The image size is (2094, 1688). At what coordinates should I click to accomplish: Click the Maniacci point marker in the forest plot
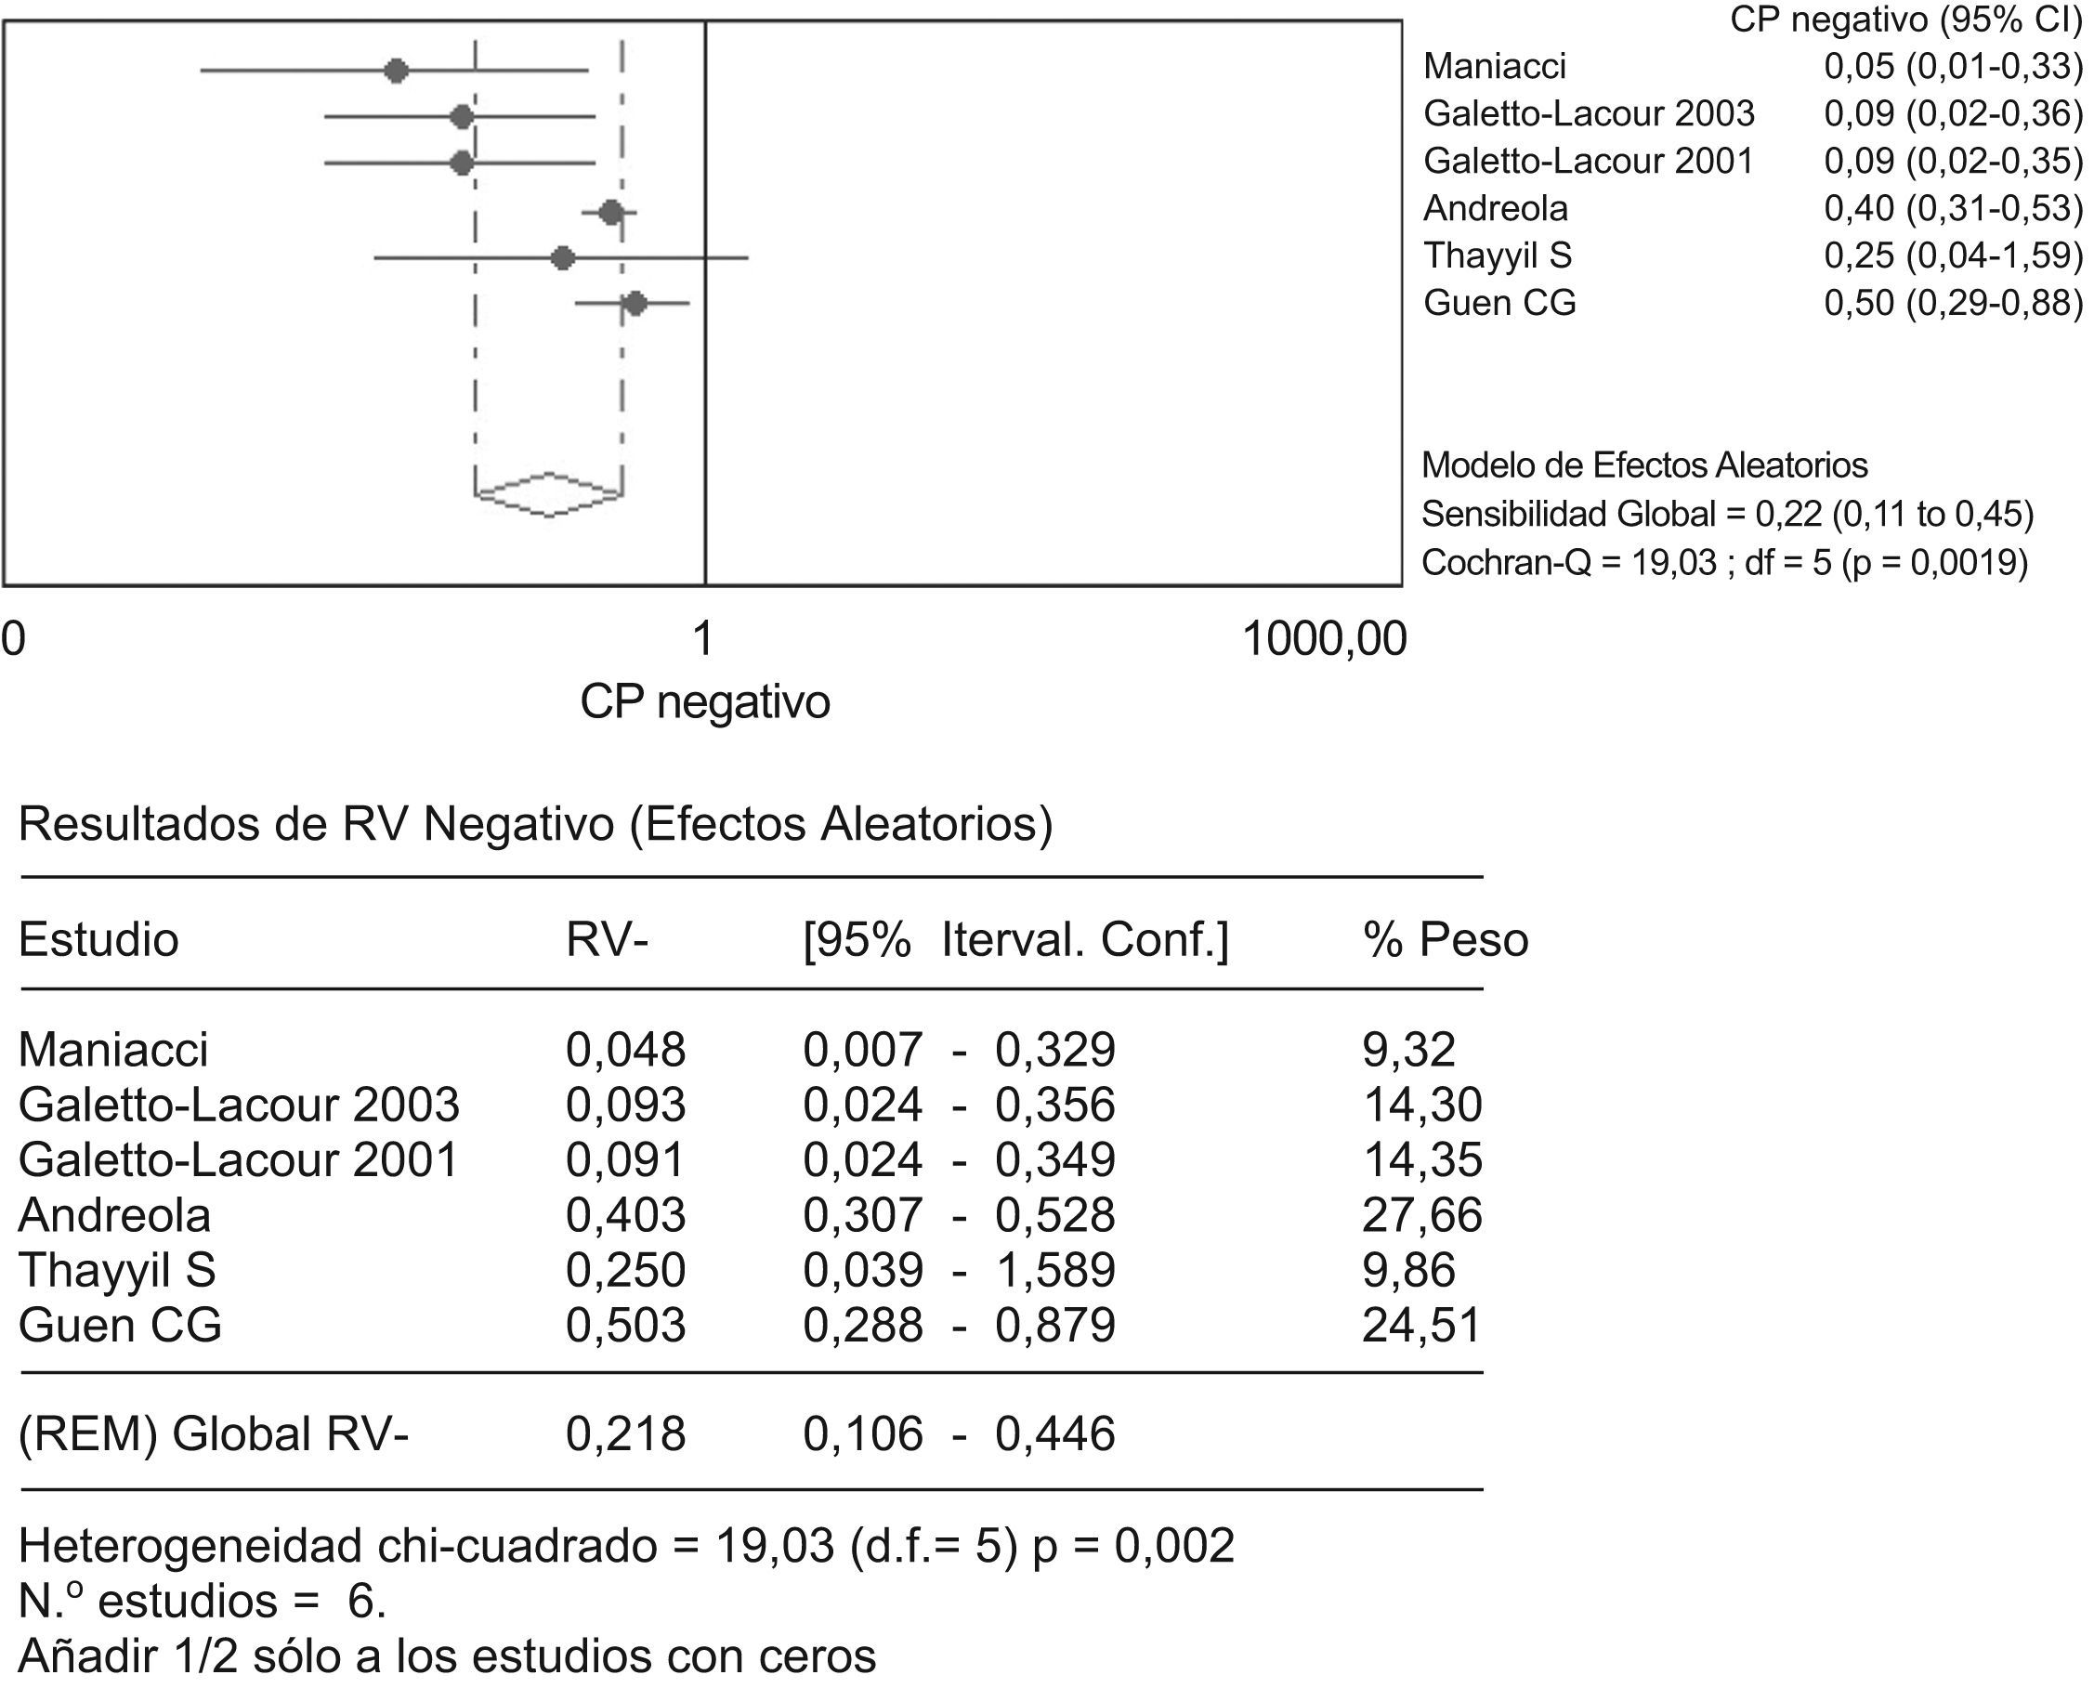point(396,71)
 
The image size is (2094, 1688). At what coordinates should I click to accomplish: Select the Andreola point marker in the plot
point(610,212)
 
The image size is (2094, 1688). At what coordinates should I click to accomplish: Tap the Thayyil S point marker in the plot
point(562,258)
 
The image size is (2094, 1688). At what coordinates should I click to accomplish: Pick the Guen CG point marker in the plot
point(635,305)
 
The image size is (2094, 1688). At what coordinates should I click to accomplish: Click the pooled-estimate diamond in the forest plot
point(549,495)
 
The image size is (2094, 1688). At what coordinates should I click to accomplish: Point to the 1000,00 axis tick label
point(1324,640)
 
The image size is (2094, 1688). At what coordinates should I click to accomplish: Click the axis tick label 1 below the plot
point(703,640)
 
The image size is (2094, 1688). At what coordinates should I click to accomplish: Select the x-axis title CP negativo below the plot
point(705,702)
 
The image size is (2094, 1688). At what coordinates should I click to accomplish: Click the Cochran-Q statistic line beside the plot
point(1723,563)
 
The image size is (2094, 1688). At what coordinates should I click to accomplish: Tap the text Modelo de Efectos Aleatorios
point(1644,465)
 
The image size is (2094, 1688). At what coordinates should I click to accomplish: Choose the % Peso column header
point(1445,940)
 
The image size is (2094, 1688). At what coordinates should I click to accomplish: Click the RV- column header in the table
point(607,940)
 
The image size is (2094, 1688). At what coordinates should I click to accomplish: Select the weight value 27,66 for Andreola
point(1421,1215)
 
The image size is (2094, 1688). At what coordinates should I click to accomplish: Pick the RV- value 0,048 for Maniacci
point(625,1050)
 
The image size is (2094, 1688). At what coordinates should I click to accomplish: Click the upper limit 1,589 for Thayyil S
point(1054,1271)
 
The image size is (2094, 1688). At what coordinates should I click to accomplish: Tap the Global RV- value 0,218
point(625,1434)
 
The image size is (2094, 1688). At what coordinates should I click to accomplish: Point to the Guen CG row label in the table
point(120,1326)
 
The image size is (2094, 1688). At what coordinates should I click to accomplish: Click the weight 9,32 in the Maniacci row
point(1408,1050)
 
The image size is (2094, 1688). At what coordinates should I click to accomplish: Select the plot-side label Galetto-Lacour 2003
point(1589,113)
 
